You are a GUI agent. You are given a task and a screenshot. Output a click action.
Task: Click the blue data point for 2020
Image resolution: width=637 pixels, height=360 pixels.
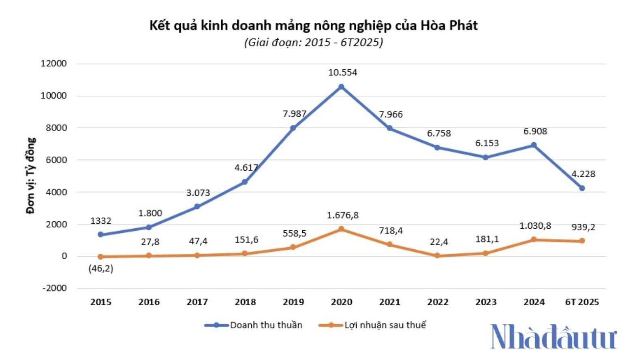[341, 87]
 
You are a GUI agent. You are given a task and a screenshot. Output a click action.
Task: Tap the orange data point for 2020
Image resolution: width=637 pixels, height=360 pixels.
[341, 229]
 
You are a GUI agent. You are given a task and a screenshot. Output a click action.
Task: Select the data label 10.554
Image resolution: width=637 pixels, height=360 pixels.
[342, 73]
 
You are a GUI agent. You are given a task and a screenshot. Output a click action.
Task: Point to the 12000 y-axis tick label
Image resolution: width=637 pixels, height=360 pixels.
[54, 64]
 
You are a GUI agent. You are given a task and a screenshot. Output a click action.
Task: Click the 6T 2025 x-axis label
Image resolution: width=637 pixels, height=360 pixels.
[582, 302]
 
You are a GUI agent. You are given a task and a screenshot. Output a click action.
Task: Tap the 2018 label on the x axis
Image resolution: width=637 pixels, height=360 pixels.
[245, 302]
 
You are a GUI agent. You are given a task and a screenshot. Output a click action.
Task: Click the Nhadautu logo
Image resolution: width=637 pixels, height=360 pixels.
[554, 336]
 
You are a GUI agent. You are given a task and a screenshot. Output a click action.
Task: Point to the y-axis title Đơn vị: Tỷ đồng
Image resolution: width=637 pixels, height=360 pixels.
[31, 176]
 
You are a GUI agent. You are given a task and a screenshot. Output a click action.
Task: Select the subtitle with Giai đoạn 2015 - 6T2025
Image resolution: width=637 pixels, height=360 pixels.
[313, 42]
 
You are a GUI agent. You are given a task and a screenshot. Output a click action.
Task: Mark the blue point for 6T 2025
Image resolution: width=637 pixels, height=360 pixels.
[582, 188]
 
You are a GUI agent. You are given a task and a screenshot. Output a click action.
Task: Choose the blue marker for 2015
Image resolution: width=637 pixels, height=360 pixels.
[100, 234]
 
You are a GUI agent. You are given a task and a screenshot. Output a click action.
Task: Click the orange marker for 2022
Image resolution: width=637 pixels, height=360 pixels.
[437, 256]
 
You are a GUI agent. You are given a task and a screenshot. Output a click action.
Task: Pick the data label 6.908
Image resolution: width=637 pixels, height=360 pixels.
[535, 131]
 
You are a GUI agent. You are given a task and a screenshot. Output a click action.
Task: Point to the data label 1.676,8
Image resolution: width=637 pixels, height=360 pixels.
[343, 215]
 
